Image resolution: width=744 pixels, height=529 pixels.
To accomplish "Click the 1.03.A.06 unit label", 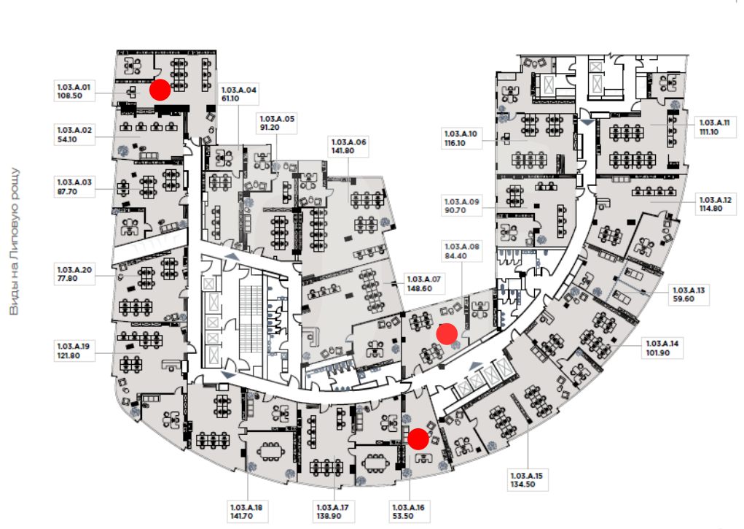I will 349,146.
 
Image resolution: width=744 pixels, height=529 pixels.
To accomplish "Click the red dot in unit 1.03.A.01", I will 160,90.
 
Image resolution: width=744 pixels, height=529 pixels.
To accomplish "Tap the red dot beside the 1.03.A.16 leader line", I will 418,439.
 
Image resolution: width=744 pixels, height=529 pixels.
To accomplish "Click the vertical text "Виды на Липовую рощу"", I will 15,241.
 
